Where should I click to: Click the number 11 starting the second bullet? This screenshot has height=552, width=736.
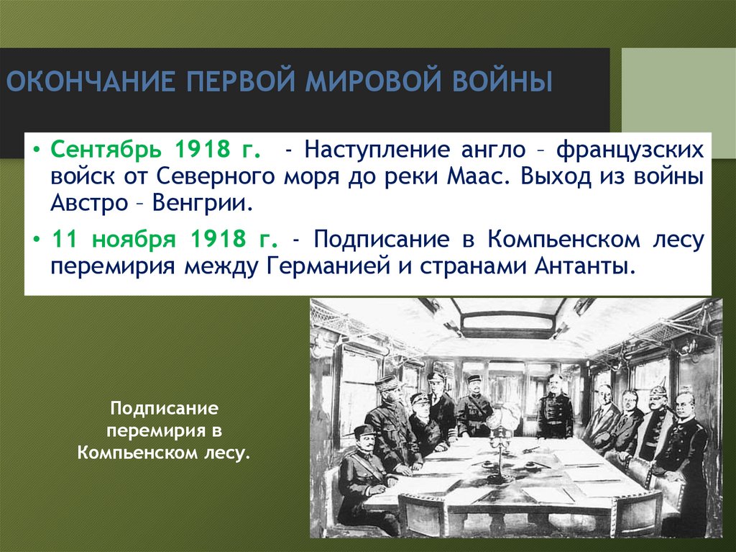tap(63, 238)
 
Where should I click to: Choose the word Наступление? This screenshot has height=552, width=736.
tap(374, 150)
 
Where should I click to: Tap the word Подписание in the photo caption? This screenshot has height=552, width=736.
tap(164, 408)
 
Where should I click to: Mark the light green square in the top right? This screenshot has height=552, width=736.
tap(678, 89)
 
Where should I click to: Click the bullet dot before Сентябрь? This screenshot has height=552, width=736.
tap(37, 151)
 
